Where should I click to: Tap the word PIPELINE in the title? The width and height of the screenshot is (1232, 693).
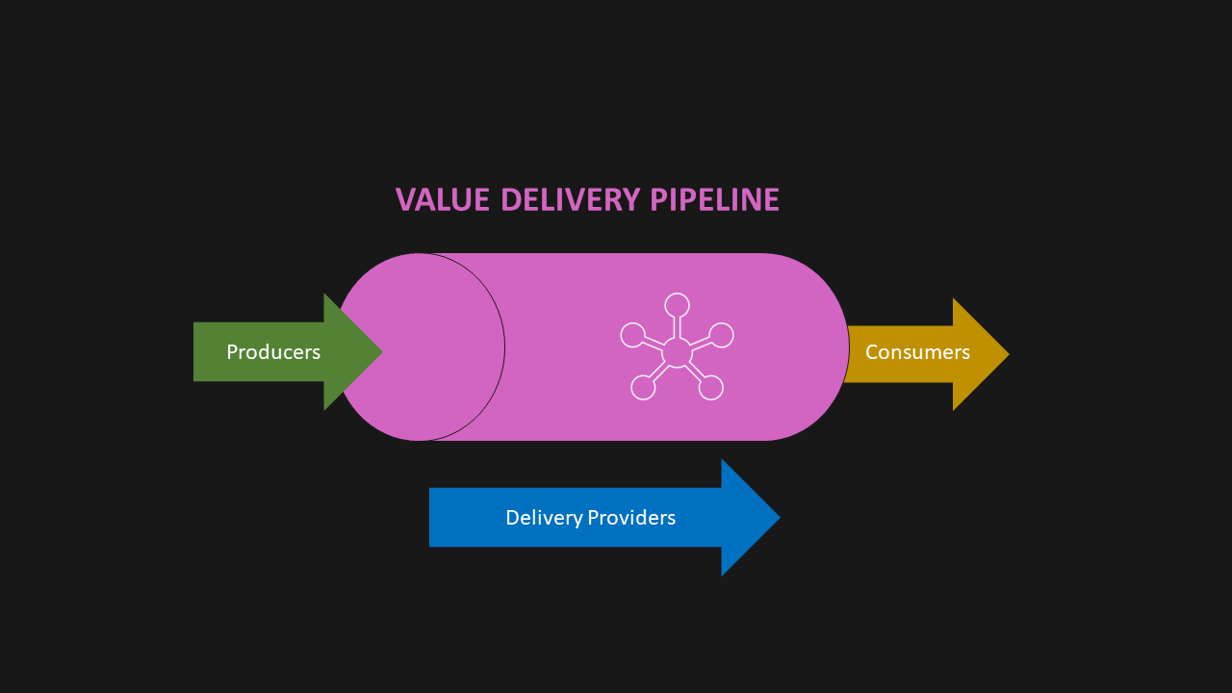(714, 199)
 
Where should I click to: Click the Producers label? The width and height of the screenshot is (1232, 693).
(273, 352)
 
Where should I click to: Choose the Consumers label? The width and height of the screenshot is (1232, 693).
(917, 352)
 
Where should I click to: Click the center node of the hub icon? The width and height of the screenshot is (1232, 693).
(677, 352)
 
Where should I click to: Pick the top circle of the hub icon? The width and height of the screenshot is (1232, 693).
(677, 305)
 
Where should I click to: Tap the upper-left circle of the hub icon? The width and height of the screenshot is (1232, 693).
(632, 335)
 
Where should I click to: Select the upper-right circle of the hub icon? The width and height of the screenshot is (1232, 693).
(722, 335)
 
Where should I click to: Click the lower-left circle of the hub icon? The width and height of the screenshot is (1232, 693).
(643, 387)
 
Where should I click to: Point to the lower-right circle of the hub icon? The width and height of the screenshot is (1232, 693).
(710, 387)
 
